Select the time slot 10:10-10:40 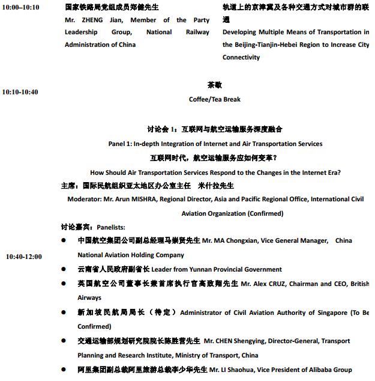[x=20, y=92]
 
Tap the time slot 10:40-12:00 [x=24, y=257]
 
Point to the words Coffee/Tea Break [x=214, y=99]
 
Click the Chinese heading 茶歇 [x=214, y=85]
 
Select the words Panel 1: [x=120, y=144]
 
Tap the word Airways [x=89, y=297]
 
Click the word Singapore [x=331, y=312]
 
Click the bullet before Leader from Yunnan [x=64, y=270]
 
